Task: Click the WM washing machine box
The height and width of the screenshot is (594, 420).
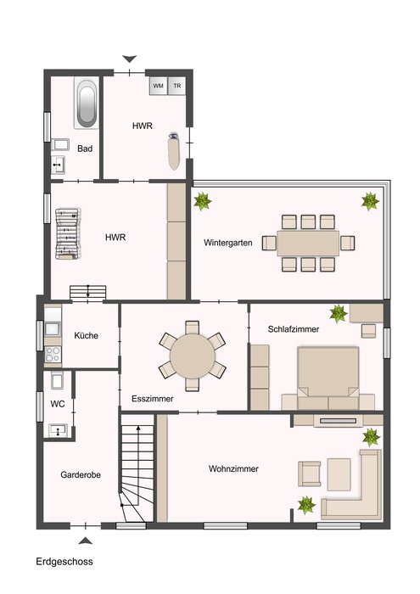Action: (158, 86)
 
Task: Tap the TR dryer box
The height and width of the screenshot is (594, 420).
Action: (176, 86)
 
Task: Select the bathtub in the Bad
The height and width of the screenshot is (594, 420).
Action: (87, 104)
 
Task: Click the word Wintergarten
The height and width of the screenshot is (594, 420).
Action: (228, 243)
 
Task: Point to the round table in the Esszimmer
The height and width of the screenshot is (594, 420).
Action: (193, 356)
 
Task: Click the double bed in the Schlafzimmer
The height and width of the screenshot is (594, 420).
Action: (328, 378)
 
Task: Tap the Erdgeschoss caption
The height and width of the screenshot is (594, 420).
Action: (64, 562)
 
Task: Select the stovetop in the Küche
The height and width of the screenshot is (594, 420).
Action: (53, 354)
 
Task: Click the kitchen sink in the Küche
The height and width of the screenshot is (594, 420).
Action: (53, 328)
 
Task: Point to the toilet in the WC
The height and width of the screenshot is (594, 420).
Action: (57, 379)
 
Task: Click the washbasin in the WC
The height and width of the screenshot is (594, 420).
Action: (58, 430)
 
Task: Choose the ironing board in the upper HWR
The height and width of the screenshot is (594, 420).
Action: (174, 151)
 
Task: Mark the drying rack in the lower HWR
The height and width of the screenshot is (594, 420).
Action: (67, 233)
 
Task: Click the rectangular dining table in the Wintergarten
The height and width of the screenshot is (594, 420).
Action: (308, 243)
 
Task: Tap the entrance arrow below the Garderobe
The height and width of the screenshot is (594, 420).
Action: (85, 541)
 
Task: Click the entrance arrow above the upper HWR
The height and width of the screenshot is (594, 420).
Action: (130, 59)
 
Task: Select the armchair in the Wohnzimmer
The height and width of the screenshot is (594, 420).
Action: (309, 474)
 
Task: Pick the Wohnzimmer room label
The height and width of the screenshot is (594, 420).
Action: (233, 468)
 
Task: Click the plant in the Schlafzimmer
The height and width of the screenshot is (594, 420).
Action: (338, 314)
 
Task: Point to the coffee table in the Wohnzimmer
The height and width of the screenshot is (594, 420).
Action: (339, 474)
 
